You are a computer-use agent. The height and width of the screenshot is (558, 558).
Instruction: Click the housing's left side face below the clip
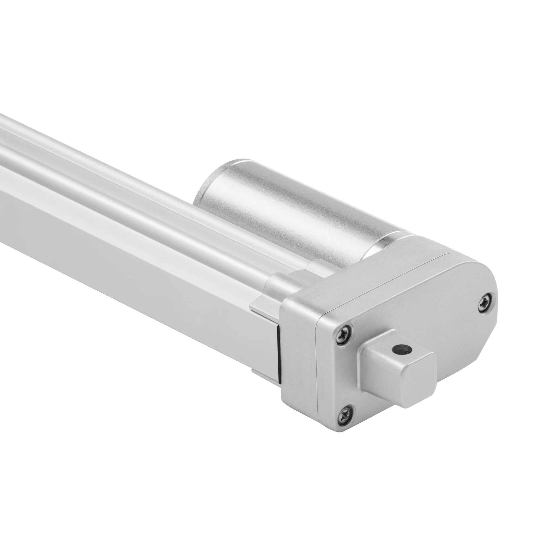click(298, 361)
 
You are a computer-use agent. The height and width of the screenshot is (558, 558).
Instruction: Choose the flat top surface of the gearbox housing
click(375, 277)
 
